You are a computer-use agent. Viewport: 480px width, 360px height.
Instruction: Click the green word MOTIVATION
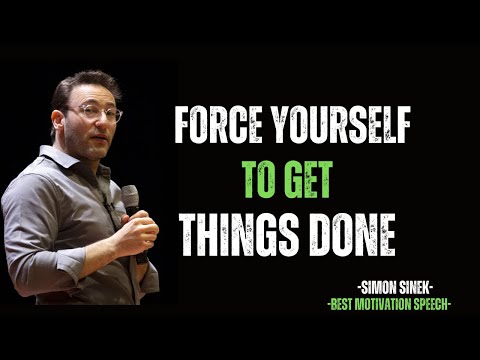click(396, 303)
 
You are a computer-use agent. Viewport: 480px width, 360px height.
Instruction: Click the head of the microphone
click(130, 196)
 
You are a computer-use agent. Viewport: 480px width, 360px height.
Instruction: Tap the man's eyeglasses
click(96, 114)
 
